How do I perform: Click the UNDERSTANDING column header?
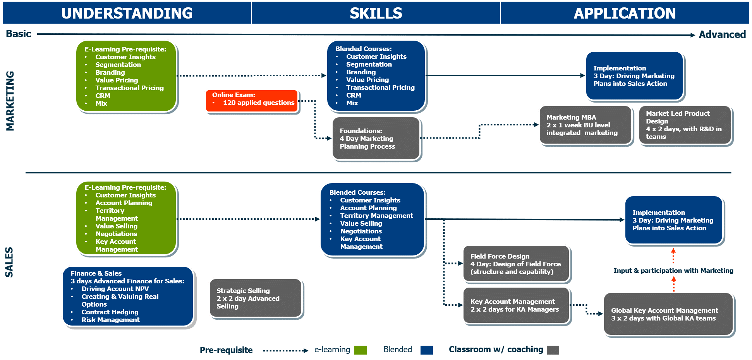[127, 13]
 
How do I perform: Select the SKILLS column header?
[376, 13]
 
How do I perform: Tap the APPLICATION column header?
[625, 13]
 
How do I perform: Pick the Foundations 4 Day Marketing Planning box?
[376, 138]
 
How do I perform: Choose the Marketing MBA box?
[585, 125]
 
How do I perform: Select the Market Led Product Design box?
[685, 125]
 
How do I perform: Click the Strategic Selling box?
[255, 298]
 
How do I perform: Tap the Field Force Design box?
[516, 264]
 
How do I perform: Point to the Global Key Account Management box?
[668, 314]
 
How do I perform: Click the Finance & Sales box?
[127, 296]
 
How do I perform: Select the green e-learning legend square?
[361, 350]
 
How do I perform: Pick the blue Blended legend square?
[426, 350]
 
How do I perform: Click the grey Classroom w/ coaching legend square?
[553, 350]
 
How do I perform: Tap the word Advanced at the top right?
[722, 34]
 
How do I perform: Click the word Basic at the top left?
[18, 34]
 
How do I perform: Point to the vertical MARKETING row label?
[10, 101]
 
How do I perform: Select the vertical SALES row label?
[9, 262]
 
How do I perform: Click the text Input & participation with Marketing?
[673, 271]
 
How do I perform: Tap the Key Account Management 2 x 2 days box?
[516, 305]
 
